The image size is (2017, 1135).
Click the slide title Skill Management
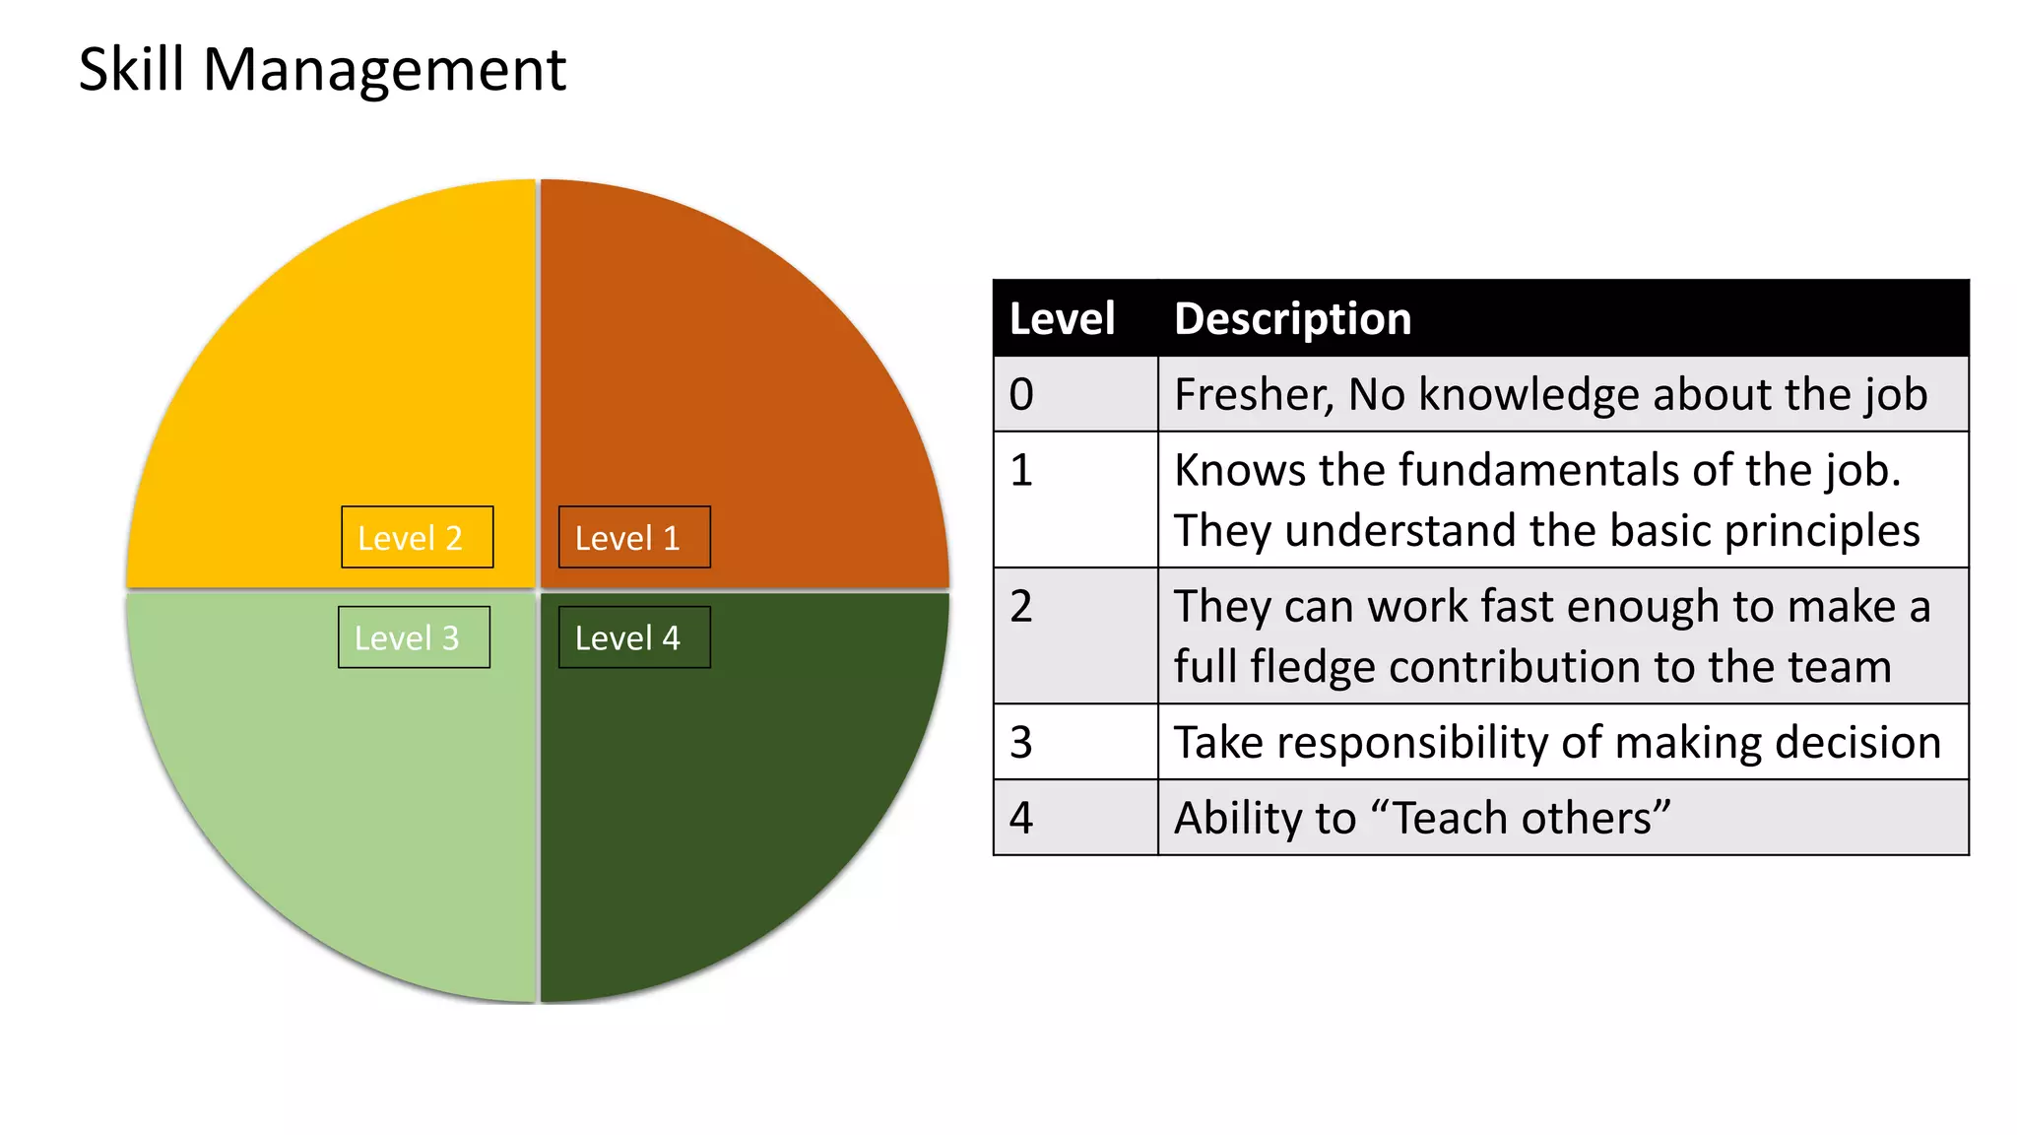322,70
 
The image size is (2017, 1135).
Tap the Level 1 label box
633,537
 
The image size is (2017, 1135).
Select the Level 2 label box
417,537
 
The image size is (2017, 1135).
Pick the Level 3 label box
414,637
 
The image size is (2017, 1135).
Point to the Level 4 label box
633,637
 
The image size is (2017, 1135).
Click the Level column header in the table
1062,319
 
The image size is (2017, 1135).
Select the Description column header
1292,319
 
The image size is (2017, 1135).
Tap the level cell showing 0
1074,394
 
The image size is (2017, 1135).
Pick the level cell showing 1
1074,500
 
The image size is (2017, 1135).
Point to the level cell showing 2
1074,635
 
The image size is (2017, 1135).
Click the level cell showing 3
1074,742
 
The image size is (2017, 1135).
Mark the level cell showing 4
1074,818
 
